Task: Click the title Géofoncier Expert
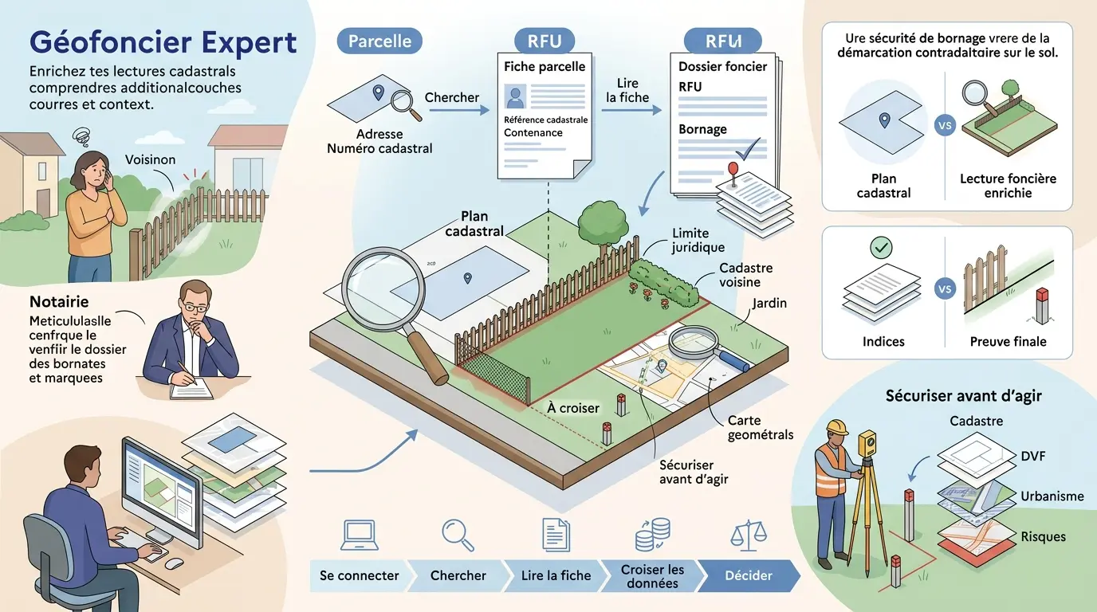163,41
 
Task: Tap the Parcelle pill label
379,41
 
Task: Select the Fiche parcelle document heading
545,67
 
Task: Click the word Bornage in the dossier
702,129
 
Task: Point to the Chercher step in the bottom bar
458,575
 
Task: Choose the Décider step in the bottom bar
749,575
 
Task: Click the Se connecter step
360,575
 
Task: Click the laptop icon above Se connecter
359,535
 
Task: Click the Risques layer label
1043,536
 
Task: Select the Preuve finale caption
1008,342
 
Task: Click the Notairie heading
58,302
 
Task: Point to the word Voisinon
150,159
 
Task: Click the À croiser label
573,408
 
